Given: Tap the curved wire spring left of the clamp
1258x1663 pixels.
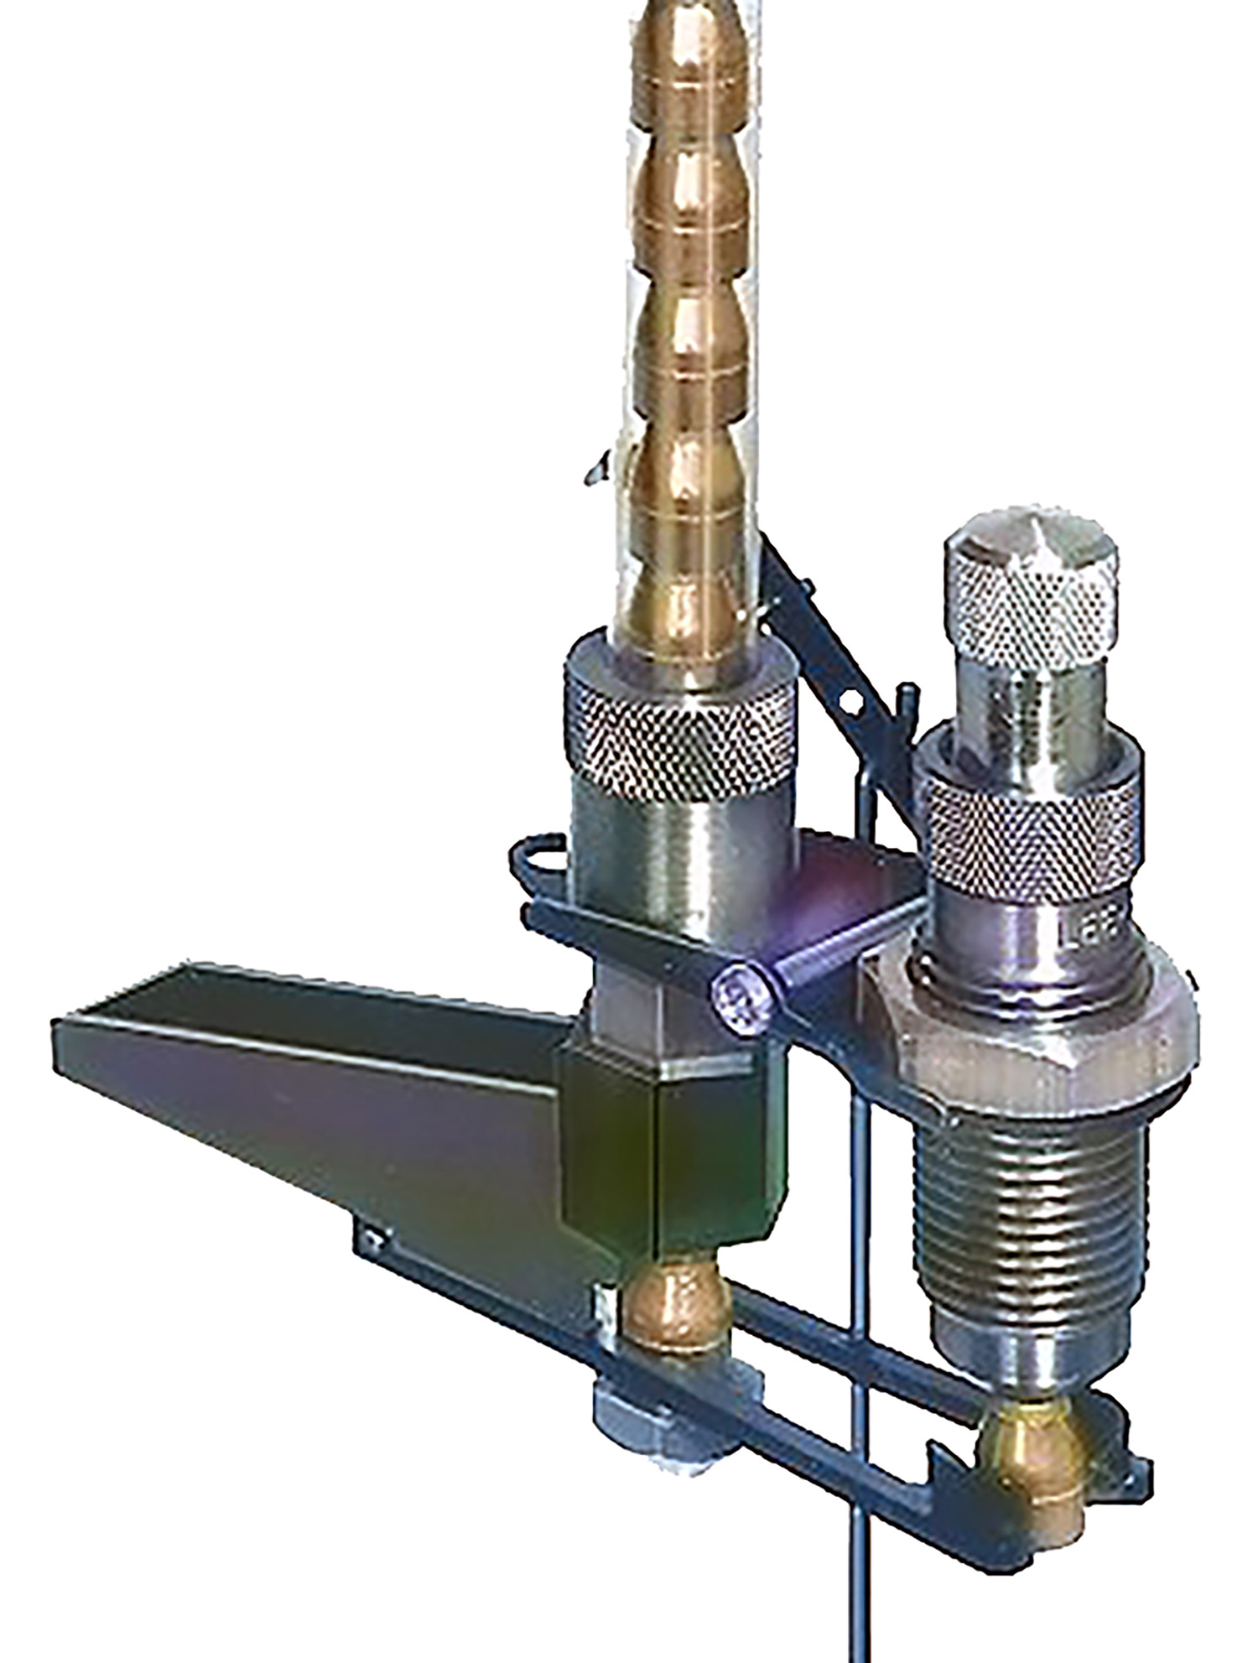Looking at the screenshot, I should (x=537, y=864).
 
